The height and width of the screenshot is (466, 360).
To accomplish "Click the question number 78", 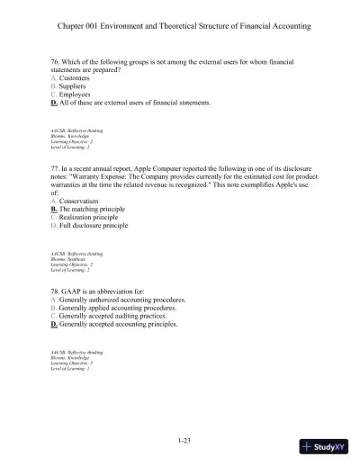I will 56,291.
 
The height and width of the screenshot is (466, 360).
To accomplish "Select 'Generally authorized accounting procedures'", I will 122,300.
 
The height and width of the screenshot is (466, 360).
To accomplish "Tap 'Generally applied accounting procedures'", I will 117,308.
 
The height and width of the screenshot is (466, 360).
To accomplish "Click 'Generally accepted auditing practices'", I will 115,316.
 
